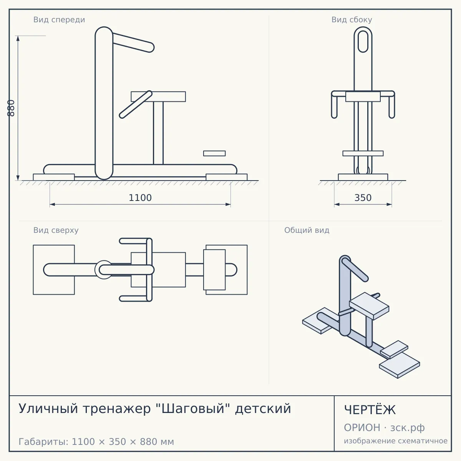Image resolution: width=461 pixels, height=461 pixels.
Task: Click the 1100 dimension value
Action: click(x=140, y=198)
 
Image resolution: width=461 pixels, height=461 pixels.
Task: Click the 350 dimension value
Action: click(x=363, y=198)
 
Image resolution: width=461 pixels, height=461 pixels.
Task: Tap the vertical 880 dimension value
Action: click(x=11, y=108)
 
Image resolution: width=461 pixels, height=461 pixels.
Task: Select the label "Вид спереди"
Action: click(x=59, y=20)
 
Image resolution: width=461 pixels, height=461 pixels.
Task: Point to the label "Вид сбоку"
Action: click(x=352, y=20)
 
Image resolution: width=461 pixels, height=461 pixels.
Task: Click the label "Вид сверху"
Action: click(x=56, y=230)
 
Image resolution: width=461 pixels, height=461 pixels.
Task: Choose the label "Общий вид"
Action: click(x=307, y=230)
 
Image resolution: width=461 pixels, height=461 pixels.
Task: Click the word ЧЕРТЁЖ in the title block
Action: click(x=370, y=410)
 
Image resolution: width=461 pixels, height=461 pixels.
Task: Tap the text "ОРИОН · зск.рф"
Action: click(x=384, y=428)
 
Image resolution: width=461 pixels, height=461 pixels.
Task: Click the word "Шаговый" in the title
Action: click(x=193, y=408)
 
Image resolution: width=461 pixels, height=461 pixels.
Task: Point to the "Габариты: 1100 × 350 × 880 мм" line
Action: click(x=96, y=442)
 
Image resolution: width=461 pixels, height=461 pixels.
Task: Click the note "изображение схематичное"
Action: click(x=396, y=441)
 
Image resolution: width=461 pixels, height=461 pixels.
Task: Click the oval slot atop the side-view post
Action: click(x=363, y=41)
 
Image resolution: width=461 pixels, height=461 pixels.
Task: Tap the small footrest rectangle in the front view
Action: click(x=214, y=153)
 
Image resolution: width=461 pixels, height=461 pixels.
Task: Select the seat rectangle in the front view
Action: click(x=158, y=97)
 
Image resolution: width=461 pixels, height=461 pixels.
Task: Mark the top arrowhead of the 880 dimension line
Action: click(x=18, y=38)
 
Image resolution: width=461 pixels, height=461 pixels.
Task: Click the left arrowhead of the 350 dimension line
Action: click(x=337, y=204)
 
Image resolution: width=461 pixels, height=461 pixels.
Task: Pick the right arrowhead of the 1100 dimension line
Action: click(x=228, y=204)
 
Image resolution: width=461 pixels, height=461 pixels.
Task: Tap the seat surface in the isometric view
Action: click(x=369, y=305)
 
